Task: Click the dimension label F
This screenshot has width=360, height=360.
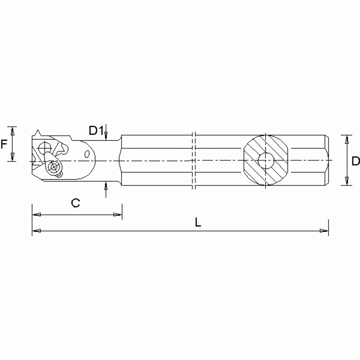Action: click(4, 144)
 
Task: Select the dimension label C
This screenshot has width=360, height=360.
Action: click(75, 203)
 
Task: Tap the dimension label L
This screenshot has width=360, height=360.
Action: click(198, 223)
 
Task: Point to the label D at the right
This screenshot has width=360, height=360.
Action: click(355, 161)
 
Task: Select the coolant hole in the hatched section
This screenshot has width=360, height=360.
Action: click(266, 161)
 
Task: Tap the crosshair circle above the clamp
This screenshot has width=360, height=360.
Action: click(45, 148)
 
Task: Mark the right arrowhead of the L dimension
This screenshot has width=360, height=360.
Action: click(324, 231)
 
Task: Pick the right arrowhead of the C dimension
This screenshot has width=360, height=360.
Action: click(117, 215)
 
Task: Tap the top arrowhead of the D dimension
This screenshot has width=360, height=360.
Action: click(347, 139)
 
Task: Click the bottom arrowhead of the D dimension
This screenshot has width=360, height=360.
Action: click(347, 182)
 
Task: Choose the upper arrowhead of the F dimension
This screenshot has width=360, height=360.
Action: click(13, 130)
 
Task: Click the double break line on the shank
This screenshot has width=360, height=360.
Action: click(194, 161)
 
